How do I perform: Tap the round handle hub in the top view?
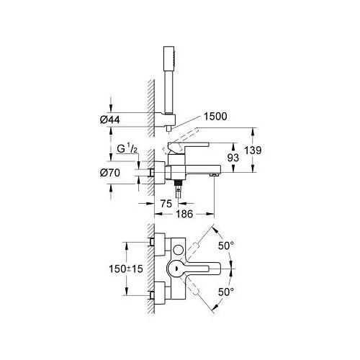[x=176, y=269]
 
